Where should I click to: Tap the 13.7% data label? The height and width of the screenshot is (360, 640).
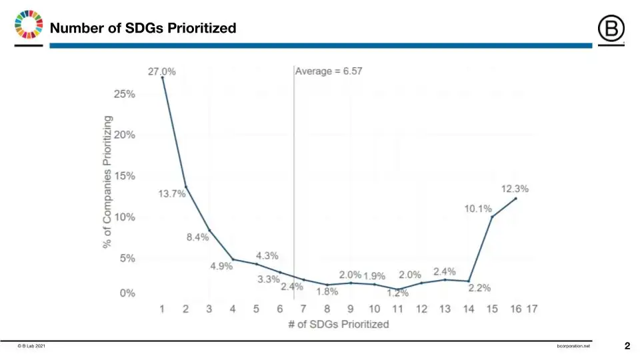(x=171, y=193)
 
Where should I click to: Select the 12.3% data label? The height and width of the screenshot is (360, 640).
(x=515, y=189)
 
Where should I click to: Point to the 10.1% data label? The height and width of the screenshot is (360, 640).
(x=478, y=209)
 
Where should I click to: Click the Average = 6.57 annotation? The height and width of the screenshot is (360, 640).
(x=329, y=71)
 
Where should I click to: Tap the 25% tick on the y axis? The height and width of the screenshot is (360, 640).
(x=123, y=94)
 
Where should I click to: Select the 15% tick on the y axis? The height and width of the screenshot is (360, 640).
(x=123, y=176)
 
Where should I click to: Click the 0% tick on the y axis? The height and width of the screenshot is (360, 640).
(x=126, y=293)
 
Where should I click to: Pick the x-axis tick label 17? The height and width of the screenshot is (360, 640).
(x=531, y=309)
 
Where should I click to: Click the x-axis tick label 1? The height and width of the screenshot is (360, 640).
(x=162, y=309)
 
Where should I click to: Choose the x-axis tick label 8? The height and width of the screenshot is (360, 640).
(x=327, y=309)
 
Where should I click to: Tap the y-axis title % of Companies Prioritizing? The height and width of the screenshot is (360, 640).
(x=107, y=181)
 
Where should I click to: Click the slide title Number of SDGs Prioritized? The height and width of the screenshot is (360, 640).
(x=143, y=28)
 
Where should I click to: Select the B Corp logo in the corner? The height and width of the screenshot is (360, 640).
(x=610, y=29)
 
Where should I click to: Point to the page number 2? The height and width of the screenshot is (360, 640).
(x=627, y=346)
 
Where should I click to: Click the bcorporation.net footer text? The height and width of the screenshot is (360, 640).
(x=573, y=347)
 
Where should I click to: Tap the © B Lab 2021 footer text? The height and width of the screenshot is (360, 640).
(x=33, y=347)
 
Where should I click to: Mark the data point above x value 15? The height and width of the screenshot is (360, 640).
(x=492, y=217)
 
